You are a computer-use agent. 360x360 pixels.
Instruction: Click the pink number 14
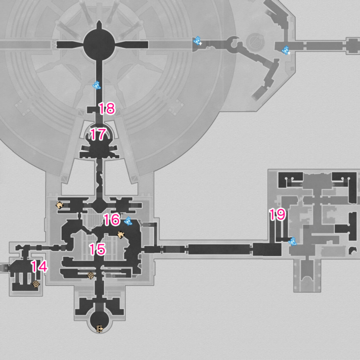(x=40, y=267)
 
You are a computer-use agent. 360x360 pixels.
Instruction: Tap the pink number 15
(x=97, y=249)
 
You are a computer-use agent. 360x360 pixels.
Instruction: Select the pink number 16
(x=112, y=219)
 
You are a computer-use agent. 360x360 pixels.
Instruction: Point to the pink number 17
(x=98, y=134)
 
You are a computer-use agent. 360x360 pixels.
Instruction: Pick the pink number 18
(x=107, y=108)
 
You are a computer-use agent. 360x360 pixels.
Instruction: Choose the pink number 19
(x=277, y=215)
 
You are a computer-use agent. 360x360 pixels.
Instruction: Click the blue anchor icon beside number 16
(x=128, y=221)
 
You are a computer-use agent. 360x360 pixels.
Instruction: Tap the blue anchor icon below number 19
(x=293, y=241)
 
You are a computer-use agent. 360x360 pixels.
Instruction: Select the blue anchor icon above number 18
(x=96, y=85)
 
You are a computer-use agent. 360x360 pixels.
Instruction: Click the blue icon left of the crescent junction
(x=197, y=41)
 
